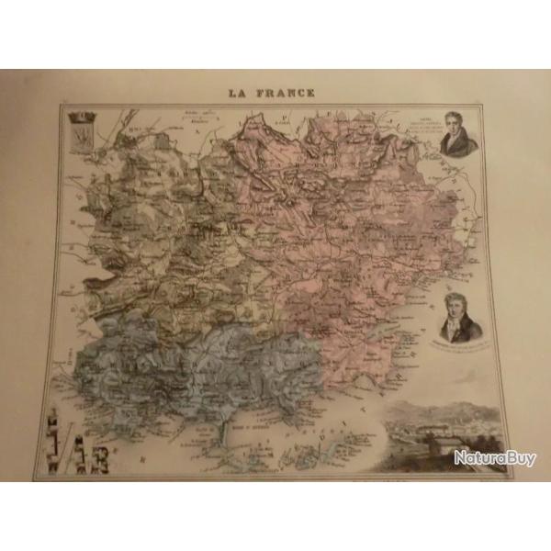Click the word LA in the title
pyautogui.click(x=242, y=93)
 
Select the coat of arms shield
pyautogui.click(x=80, y=139)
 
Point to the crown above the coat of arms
pyautogui.click(x=80, y=117)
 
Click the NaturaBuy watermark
pyautogui.click(x=495, y=457)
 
